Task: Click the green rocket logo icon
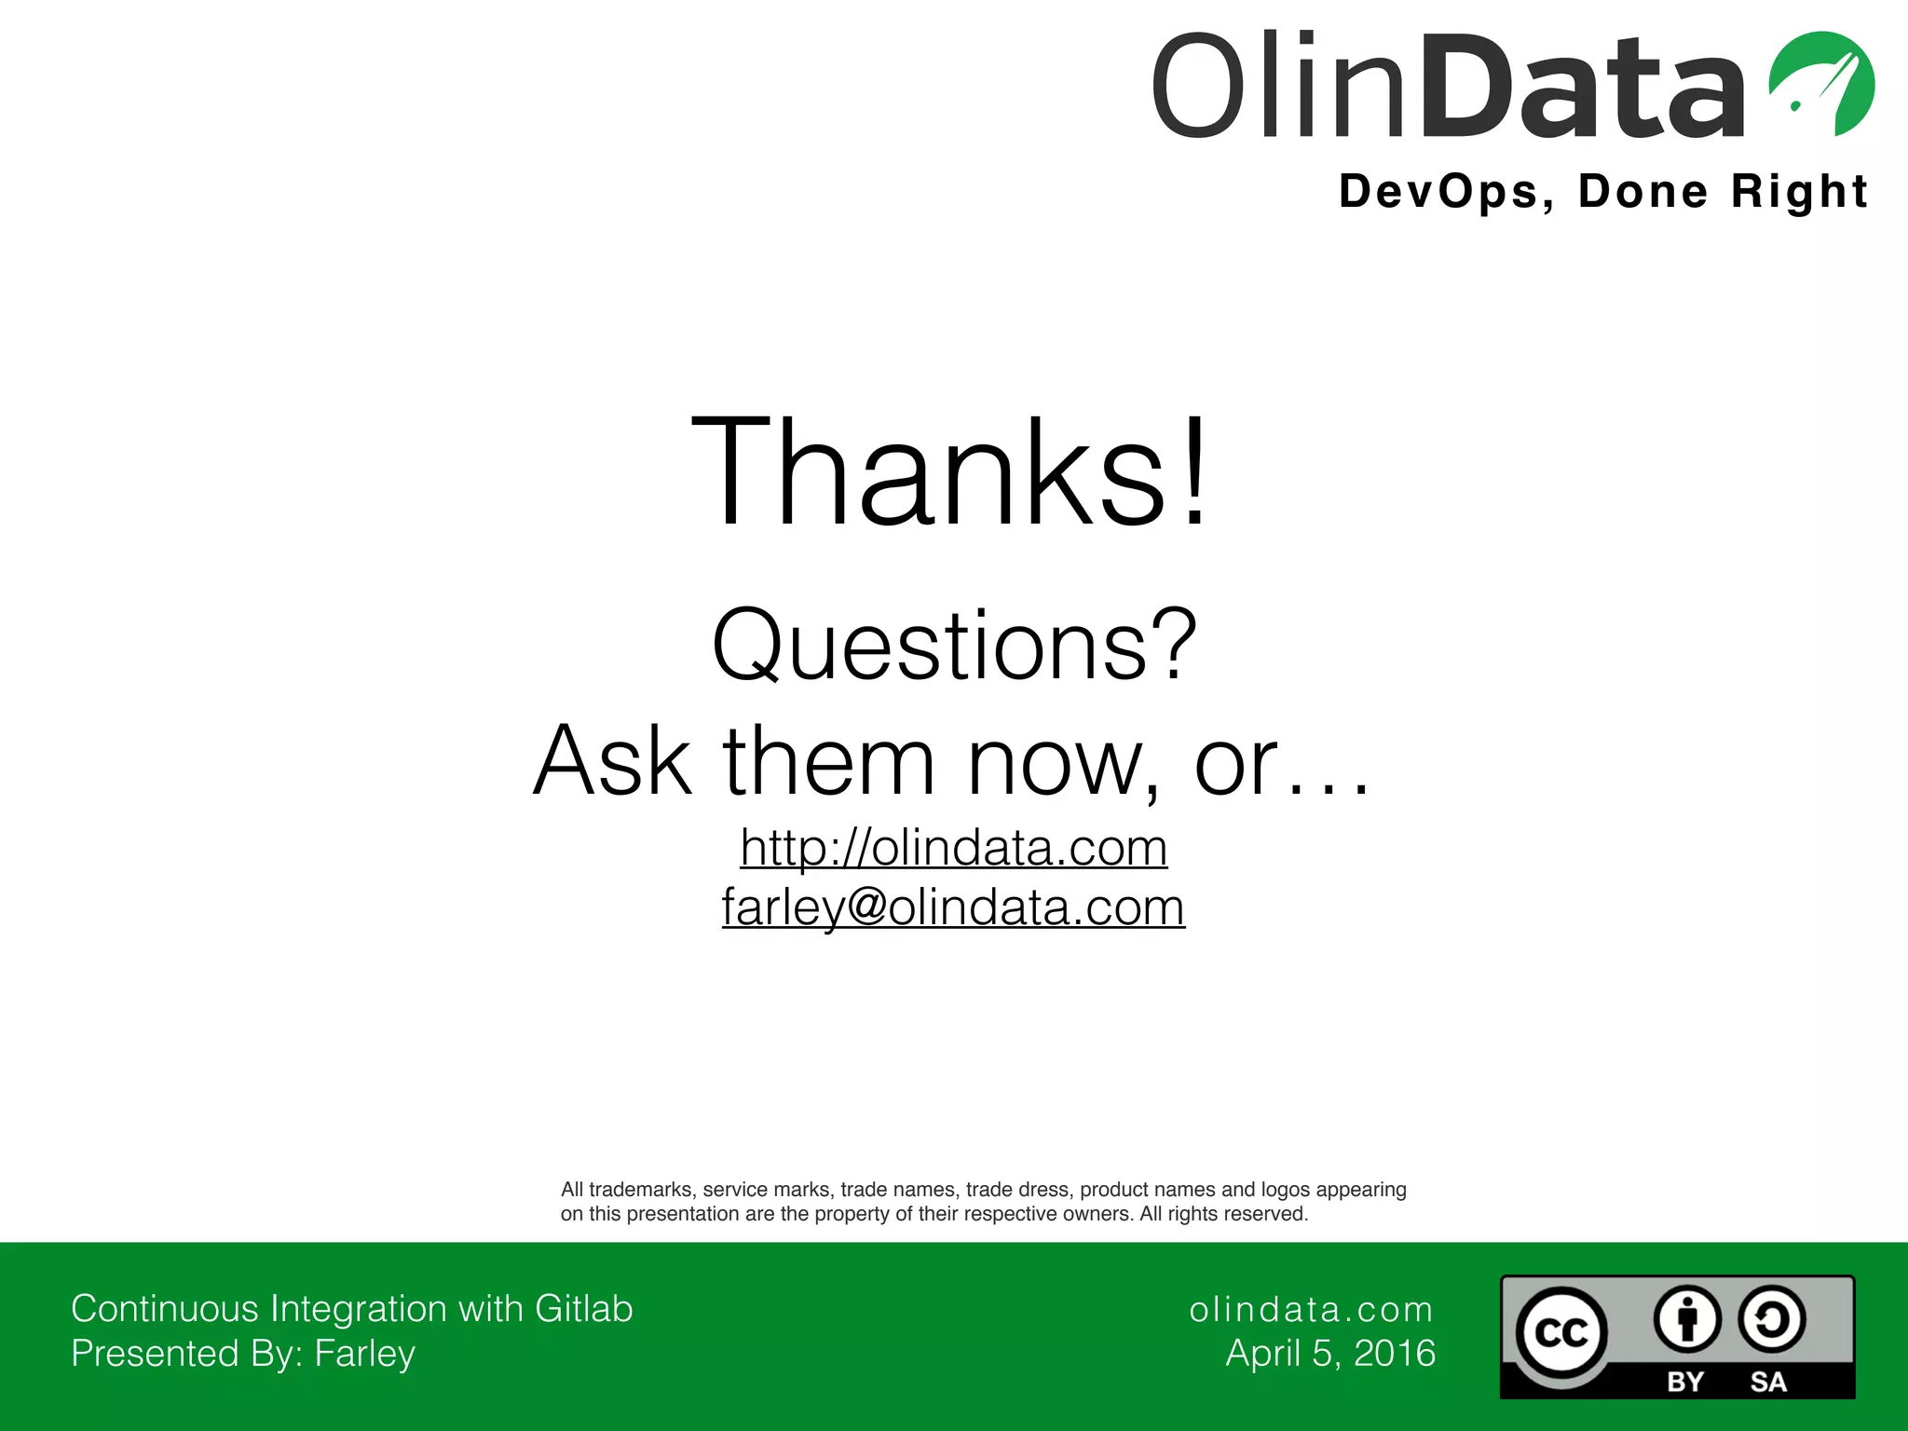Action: [x=1821, y=84]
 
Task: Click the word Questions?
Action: [x=954, y=645]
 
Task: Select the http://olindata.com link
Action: [x=953, y=848]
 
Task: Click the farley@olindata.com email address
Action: [x=953, y=907]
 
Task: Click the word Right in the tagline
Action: [x=1799, y=192]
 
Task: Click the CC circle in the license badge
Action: [x=1561, y=1333]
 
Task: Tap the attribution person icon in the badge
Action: [x=1687, y=1320]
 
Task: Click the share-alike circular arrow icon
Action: [x=1771, y=1320]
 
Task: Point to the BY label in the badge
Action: [x=1685, y=1382]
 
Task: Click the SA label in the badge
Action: [x=1768, y=1382]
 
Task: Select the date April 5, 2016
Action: [x=1330, y=1354]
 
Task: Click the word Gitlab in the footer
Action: [x=584, y=1309]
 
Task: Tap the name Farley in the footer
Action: [x=364, y=1354]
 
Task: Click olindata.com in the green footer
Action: [x=1311, y=1310]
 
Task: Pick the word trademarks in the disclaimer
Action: [x=642, y=1190]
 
